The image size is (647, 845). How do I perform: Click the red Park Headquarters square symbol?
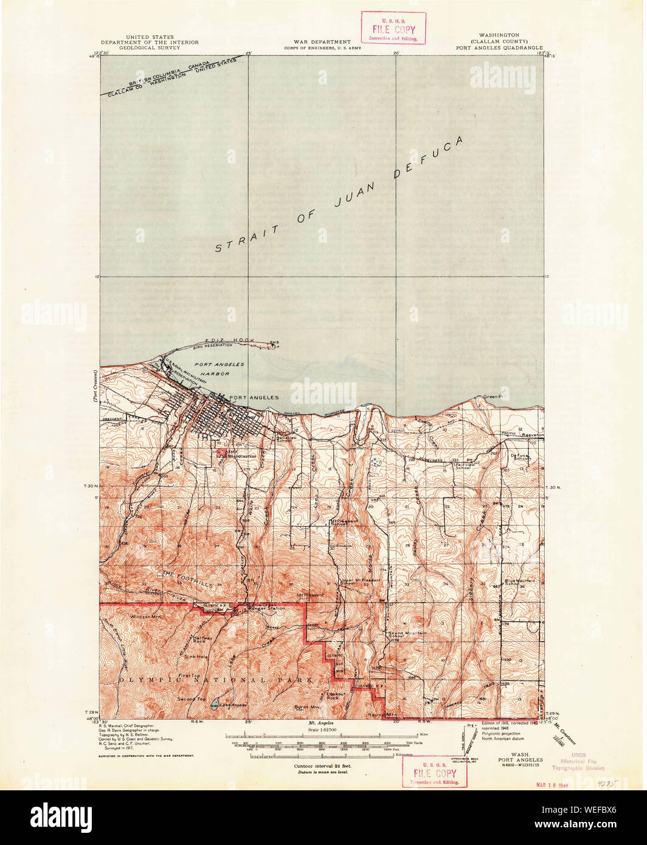pos(220,452)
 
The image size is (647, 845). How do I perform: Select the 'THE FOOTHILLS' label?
pos(187,574)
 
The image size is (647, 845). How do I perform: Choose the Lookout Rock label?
pos(336,696)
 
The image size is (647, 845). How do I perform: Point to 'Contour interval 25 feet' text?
pos(323,767)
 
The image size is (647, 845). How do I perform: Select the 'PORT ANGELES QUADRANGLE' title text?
pos(499,46)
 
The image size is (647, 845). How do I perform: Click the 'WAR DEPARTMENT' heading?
pos(323,41)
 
